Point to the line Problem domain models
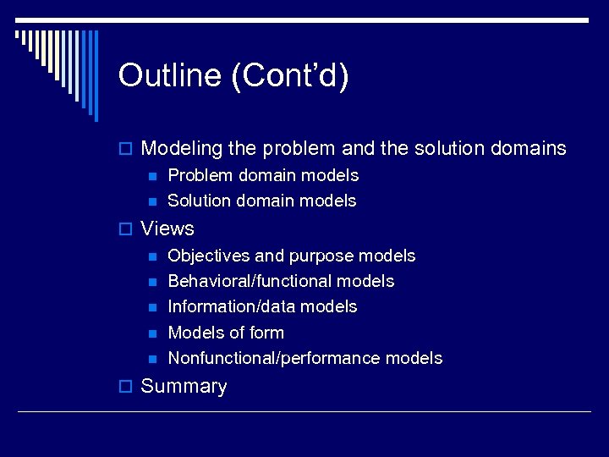[x=263, y=176]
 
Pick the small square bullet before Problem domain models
[x=152, y=176]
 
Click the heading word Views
[x=167, y=228]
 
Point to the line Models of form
[x=226, y=333]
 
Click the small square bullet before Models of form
[x=152, y=333]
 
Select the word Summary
[x=184, y=387]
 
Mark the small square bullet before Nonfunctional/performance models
[x=152, y=359]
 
